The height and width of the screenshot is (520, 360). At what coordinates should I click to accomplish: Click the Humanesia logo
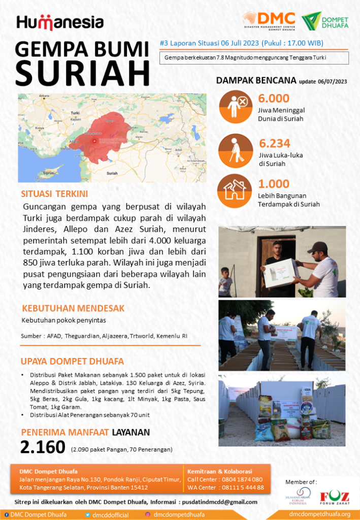click(x=60, y=22)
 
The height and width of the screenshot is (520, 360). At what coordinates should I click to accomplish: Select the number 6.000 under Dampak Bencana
click(x=274, y=99)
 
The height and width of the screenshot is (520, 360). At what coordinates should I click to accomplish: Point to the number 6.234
click(x=274, y=143)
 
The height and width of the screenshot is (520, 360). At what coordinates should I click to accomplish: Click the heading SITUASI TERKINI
click(x=54, y=194)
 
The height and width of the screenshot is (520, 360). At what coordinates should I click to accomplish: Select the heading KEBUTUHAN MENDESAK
click(x=73, y=308)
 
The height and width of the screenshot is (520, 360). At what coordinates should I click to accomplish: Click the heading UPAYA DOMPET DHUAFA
click(x=73, y=362)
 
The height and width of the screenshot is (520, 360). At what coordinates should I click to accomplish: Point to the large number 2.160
click(x=43, y=447)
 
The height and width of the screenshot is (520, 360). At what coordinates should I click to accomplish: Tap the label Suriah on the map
click(x=112, y=173)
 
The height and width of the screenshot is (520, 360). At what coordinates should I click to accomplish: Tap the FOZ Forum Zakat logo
click(x=334, y=496)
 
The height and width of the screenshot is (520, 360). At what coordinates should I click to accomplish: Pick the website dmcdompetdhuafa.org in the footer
click(x=319, y=514)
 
